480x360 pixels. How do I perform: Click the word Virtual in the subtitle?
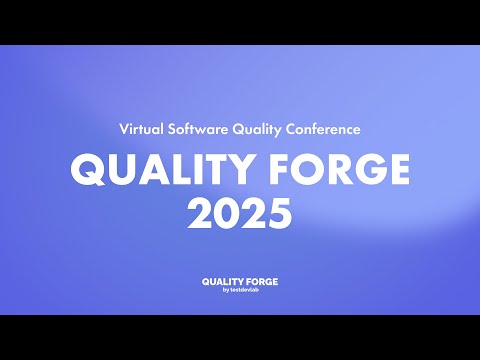[140, 130]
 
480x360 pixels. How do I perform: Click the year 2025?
[240, 212]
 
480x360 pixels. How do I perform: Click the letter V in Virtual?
[123, 130]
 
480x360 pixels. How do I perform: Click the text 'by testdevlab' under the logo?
[240, 291]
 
